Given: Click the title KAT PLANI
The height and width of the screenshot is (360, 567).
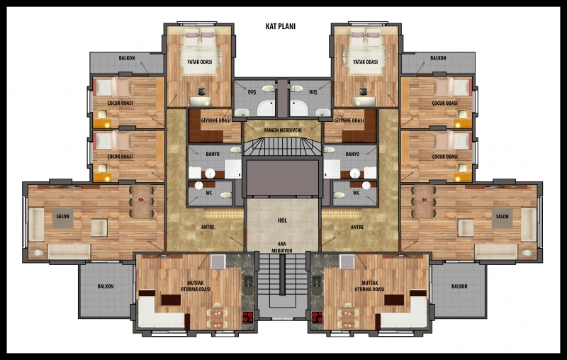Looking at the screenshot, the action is click(281, 26).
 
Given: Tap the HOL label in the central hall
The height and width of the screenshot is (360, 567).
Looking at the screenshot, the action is click(282, 220).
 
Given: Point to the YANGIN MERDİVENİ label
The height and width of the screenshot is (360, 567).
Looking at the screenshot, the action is click(282, 130).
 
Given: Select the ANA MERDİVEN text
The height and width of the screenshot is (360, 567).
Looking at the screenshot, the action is click(281, 247).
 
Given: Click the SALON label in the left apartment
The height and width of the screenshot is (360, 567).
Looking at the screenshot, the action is click(62, 217).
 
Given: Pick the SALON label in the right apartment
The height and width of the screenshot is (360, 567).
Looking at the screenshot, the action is click(502, 217).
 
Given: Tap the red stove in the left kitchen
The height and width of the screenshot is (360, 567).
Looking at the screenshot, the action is click(247, 317).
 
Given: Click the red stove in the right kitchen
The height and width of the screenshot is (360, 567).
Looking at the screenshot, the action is click(317, 317).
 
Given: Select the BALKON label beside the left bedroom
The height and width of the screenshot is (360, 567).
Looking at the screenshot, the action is click(127, 58).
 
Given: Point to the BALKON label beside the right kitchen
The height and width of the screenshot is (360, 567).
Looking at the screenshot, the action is click(459, 286).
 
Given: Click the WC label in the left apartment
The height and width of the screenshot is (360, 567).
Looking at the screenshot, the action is click(209, 193).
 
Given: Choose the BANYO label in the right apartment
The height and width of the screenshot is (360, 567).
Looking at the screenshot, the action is click(352, 154).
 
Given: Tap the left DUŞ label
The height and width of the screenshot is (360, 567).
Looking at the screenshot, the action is click(252, 92).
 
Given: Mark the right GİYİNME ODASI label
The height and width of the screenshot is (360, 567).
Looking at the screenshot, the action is click(349, 120).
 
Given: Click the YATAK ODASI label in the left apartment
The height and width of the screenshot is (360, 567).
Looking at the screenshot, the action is click(199, 62).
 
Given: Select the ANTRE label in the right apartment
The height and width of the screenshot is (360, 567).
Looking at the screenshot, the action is click(357, 227).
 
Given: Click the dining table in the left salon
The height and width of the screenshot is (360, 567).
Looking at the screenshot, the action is click(141, 201).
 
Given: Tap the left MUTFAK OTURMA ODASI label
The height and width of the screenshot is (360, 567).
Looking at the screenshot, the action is click(196, 286).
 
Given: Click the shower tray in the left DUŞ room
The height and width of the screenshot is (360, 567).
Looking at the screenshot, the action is click(266, 108).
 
